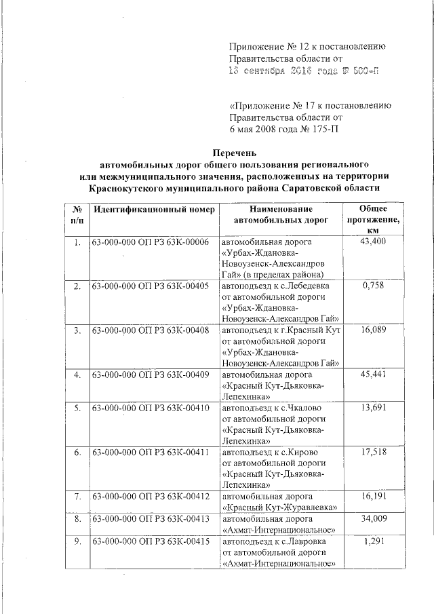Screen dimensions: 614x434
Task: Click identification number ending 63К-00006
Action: pos(151,242)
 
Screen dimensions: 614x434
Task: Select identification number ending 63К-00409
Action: pos(151,375)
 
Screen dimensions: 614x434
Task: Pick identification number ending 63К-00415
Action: pos(151,542)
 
